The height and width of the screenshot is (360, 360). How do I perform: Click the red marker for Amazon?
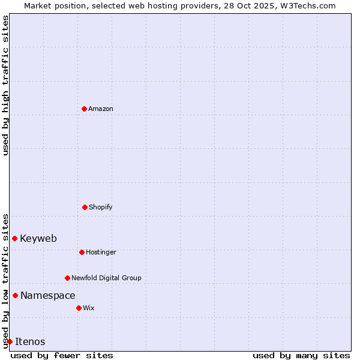[84, 109]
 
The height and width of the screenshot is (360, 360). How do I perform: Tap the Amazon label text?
[101, 109]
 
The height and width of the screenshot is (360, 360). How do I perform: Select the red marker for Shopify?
[85, 207]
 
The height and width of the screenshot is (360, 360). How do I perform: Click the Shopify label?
[100, 207]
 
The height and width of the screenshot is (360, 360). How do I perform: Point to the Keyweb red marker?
[14, 238]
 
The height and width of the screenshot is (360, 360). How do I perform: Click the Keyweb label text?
[38, 238]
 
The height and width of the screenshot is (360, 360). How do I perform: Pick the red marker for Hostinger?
[82, 252]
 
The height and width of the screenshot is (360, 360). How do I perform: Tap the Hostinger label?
[101, 252]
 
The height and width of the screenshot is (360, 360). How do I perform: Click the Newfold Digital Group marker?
[67, 278]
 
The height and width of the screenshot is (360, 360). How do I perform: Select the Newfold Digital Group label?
[106, 278]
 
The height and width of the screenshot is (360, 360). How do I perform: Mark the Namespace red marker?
[15, 295]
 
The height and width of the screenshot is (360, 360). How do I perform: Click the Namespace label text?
[48, 295]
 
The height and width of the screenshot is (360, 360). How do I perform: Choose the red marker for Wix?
[79, 308]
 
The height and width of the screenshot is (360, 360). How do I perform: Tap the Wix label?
[89, 308]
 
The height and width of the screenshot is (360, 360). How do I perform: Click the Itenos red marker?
[10, 341]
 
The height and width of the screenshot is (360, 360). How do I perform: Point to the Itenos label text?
[30, 341]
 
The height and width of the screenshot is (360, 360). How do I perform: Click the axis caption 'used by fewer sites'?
[62, 355]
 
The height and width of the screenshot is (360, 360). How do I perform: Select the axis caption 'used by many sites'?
[301, 355]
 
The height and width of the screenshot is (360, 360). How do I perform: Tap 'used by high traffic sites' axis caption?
[5, 85]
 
